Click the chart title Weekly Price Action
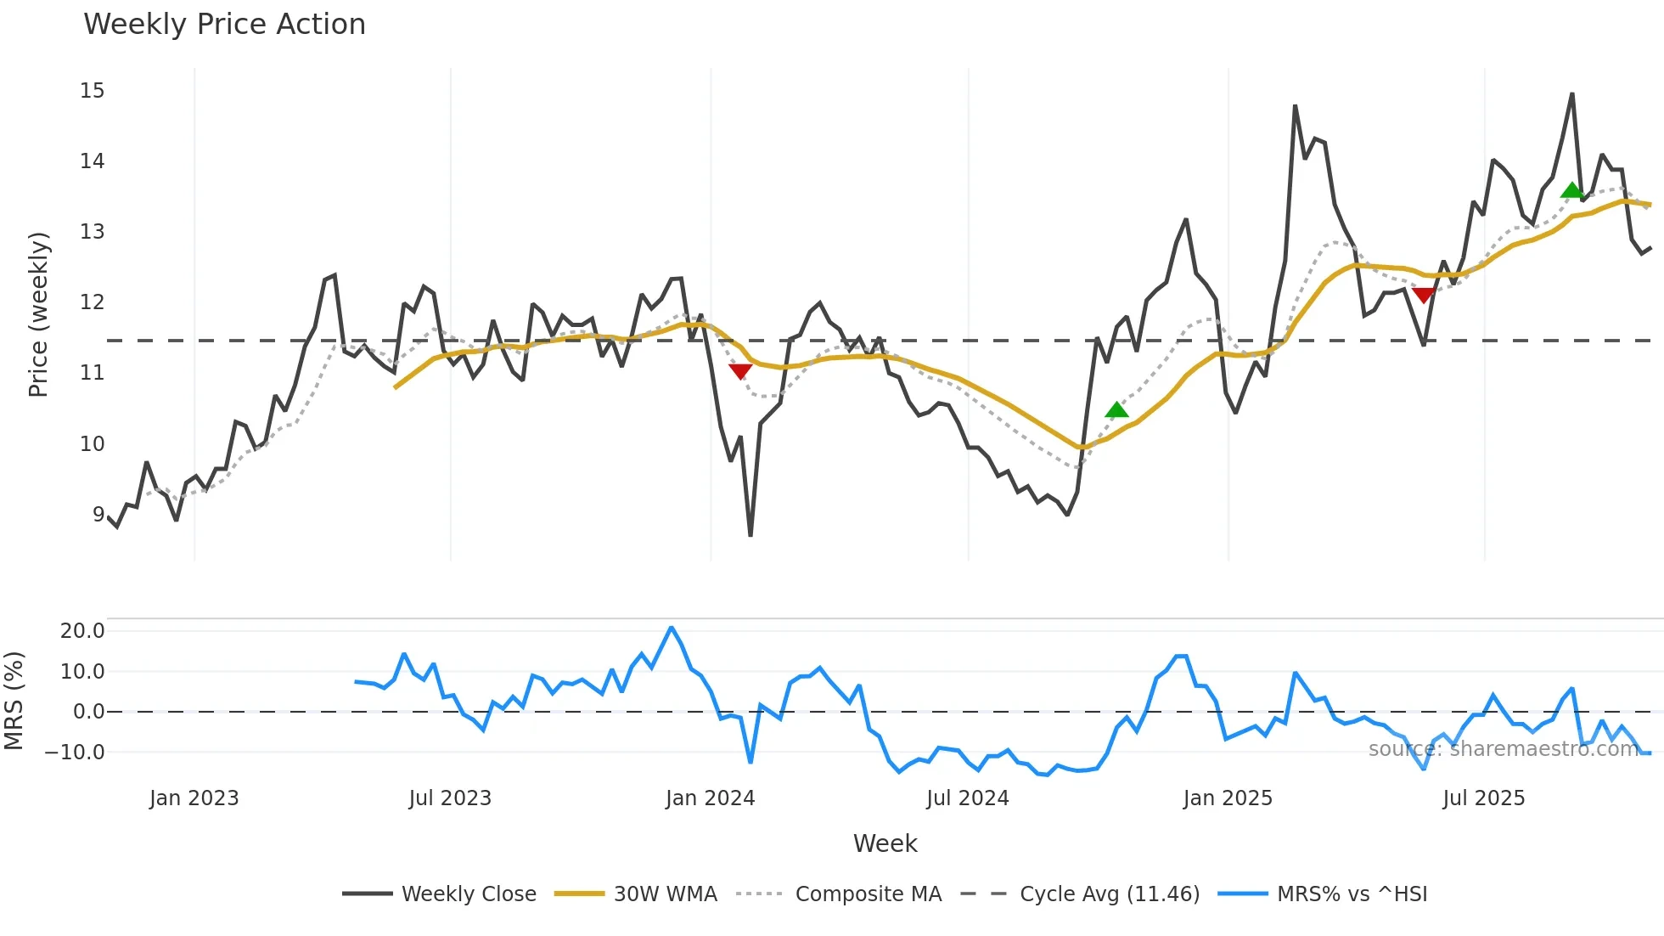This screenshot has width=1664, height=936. pos(224,25)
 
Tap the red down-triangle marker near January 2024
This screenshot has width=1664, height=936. pos(740,371)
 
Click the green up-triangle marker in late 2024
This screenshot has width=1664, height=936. pos(1116,410)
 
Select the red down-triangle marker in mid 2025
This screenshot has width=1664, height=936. pos(1424,295)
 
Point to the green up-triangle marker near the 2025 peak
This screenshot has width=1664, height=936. pos(1571,190)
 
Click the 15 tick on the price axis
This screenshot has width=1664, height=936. pos(92,91)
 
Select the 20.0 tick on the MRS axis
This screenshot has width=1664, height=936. pos(82,630)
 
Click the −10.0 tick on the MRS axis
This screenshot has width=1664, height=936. pos(75,753)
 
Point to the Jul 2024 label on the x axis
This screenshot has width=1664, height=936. pos(967,798)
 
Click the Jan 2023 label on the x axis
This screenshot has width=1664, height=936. pos(194,798)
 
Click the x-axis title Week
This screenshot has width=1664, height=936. pos(885,843)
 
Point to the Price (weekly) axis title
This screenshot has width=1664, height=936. pos(38,314)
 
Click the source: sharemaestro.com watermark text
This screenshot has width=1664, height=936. pos(1503,749)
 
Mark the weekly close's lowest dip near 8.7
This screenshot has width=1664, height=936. pos(750,534)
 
